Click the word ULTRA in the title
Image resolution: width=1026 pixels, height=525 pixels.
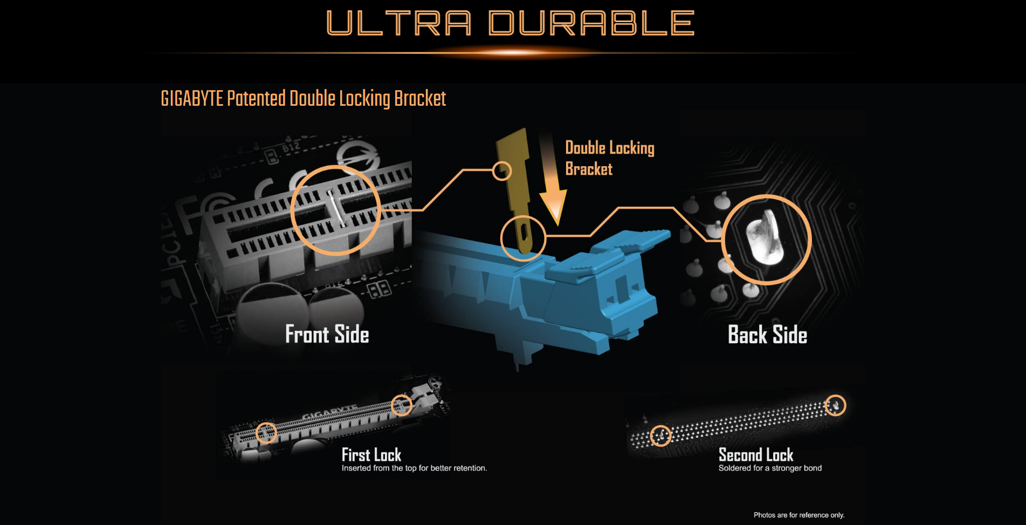coord(399,23)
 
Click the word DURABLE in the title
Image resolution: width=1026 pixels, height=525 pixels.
coord(591,23)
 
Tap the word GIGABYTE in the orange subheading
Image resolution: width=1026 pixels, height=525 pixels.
coord(192,99)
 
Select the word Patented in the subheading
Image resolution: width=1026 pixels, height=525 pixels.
coord(256,99)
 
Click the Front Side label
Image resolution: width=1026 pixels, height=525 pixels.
coord(327,335)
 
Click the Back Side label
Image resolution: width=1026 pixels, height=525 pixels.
coord(767,335)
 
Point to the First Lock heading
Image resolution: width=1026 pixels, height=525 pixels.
coord(371,455)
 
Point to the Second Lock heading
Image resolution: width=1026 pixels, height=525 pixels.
coord(756,455)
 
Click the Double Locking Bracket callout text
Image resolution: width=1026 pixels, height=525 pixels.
coord(610,159)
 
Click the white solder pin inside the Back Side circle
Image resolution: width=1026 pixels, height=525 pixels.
coord(764,237)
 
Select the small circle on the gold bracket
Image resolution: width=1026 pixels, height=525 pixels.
coord(502,171)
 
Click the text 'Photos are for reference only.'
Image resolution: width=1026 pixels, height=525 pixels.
coord(799,515)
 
